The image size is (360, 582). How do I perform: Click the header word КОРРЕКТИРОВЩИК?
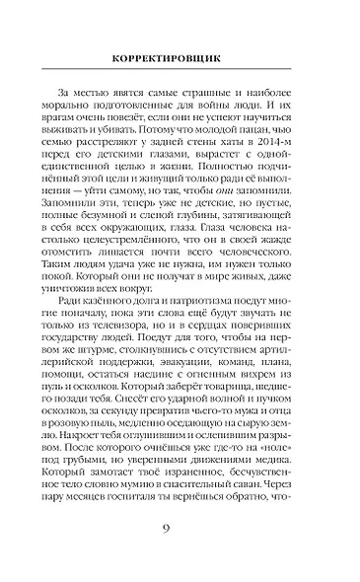pyautogui.click(x=180, y=57)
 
